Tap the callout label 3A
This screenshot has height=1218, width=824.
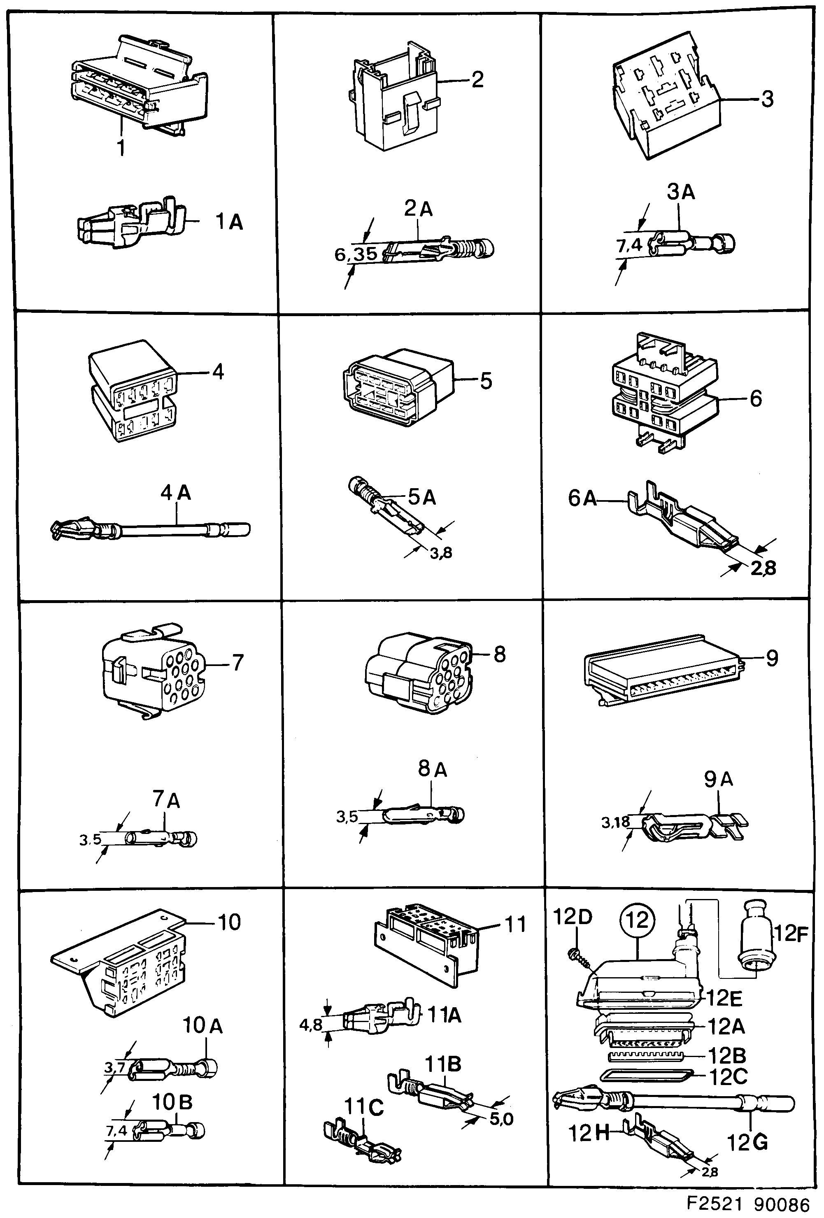[x=680, y=192]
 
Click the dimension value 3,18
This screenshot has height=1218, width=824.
[x=615, y=822]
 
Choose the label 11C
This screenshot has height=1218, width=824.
[x=364, y=1107]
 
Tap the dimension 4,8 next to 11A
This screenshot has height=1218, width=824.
[x=310, y=1025]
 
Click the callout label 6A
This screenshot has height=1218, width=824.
[x=582, y=498]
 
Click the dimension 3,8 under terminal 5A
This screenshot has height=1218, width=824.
[x=441, y=552]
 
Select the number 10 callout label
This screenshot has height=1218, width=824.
[x=229, y=922]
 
